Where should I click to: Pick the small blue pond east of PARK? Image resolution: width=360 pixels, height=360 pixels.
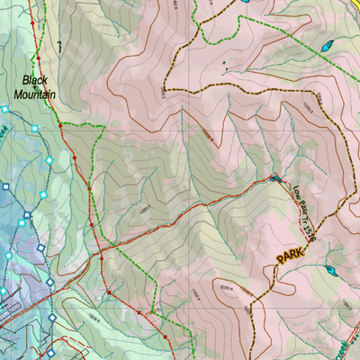330,270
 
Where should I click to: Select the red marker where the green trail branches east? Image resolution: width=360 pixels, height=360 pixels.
61,128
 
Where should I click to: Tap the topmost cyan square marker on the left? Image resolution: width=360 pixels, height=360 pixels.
6,109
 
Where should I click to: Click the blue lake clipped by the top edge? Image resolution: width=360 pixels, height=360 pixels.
245,3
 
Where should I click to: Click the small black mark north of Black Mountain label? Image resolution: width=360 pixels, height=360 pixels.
56,43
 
